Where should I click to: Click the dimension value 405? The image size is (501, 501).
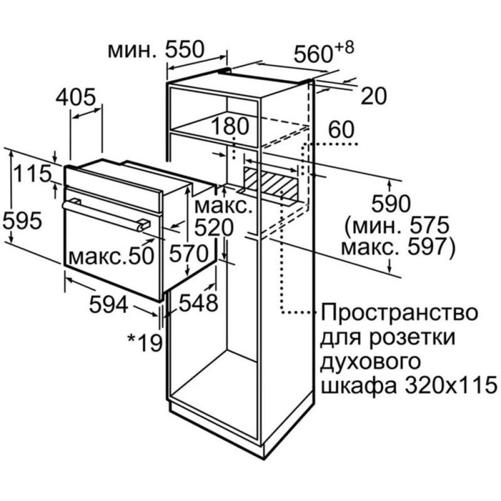click(76, 96)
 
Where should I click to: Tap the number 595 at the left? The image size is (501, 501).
click(22, 220)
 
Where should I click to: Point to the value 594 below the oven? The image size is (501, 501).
click(109, 304)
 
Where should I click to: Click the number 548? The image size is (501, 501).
click(198, 302)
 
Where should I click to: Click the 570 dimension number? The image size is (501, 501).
click(189, 254)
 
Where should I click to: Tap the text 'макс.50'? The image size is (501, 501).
click(112, 256)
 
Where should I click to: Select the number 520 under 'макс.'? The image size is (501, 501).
click(214, 228)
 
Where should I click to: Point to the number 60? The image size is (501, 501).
click(341, 129)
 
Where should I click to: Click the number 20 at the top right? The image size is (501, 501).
click(374, 96)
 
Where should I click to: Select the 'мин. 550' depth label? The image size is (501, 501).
click(156, 50)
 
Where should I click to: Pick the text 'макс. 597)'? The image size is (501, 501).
click(397, 247)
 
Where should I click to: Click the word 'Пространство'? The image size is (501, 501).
click(399, 313)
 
